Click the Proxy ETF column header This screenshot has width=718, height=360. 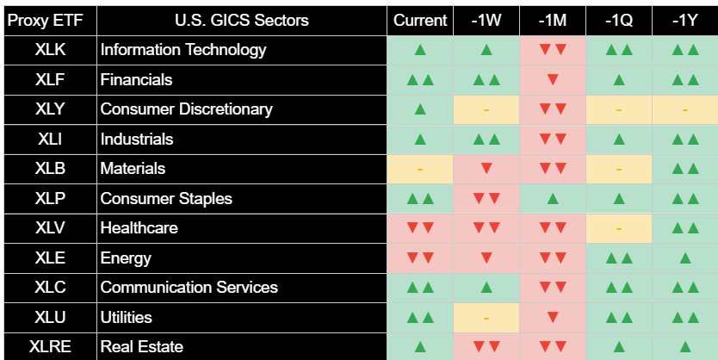pos(46,21)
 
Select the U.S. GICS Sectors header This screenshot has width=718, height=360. pos(242,21)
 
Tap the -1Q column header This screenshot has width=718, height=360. pos(619,21)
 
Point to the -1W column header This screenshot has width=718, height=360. pos(486,21)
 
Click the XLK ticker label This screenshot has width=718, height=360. pos(51,50)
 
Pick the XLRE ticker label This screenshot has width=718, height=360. pos(51,347)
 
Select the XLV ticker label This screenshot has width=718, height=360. pos(51,228)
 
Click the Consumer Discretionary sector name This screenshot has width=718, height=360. pos(186,109)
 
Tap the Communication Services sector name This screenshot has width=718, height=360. pos(189,288)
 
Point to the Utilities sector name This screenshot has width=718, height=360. pos(127,318)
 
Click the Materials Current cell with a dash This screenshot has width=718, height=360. pos(420,169)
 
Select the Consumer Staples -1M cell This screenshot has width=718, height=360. pos(553,199)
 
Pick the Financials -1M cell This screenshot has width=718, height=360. pos(553,80)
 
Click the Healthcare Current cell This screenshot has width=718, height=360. pos(420,228)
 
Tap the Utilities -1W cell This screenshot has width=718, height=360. pos(486,318)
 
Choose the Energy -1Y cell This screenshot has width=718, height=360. pos(685,258)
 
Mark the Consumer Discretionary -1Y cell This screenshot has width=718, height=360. pos(685,109)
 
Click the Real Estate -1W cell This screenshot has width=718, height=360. pos(486,347)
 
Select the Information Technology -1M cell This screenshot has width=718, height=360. pos(553,50)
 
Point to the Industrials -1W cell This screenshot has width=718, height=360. pos(486,140)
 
